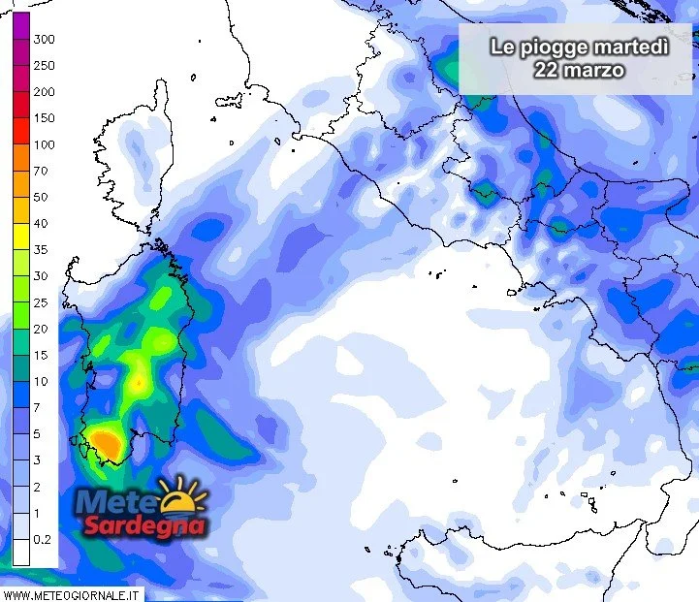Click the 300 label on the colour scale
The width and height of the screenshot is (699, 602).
pyautogui.click(x=44, y=40)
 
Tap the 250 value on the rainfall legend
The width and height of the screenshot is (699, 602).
pyautogui.click(x=44, y=66)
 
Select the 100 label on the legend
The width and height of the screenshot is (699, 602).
pyautogui.click(x=44, y=145)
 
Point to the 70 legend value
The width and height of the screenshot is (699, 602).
pyautogui.click(x=41, y=172)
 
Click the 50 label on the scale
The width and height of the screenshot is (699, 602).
pyautogui.click(x=41, y=198)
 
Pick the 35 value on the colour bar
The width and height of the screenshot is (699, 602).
pyautogui.click(x=41, y=250)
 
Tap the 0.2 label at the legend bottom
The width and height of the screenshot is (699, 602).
pyautogui.click(x=43, y=539)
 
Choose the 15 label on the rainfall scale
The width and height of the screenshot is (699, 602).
pyautogui.click(x=41, y=356)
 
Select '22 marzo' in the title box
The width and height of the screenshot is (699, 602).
pyautogui.click(x=579, y=70)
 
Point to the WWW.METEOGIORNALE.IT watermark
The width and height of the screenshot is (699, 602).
pyautogui.click(x=72, y=593)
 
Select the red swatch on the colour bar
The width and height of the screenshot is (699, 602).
pyautogui.click(x=20, y=118)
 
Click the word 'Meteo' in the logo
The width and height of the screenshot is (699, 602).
pyautogui.click(x=118, y=503)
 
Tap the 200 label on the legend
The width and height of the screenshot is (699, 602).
pyautogui.click(x=44, y=92)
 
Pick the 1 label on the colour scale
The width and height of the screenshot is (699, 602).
pyautogui.click(x=37, y=513)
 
